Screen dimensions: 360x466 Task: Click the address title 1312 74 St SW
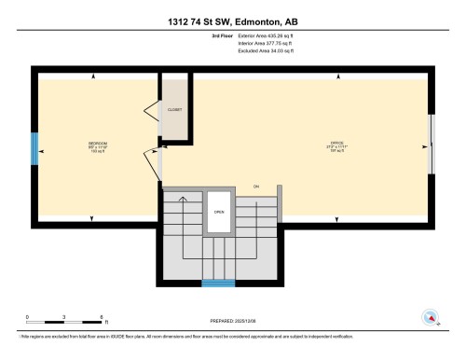pos(233,21)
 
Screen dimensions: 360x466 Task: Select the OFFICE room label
pos(336,144)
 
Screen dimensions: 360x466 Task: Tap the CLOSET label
pos(174,109)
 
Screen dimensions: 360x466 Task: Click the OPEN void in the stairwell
pos(220,212)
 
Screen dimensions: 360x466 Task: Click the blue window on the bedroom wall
pos(35,147)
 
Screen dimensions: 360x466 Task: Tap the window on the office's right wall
pos(431,144)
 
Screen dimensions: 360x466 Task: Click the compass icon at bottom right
pos(431,317)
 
